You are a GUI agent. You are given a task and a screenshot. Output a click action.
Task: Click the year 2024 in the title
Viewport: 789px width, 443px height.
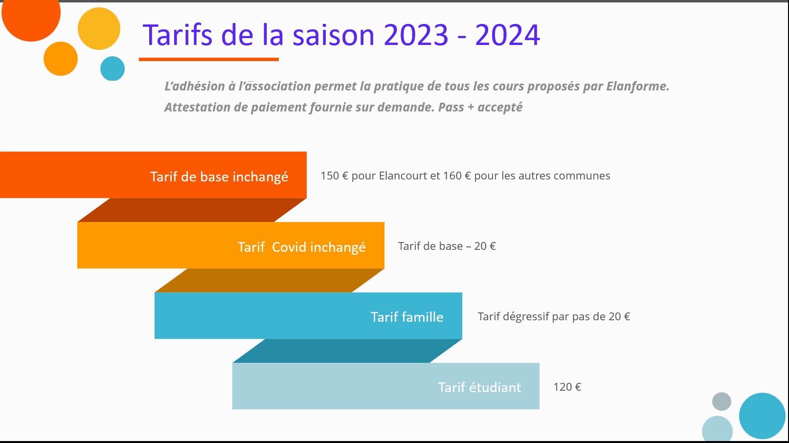coord(507,35)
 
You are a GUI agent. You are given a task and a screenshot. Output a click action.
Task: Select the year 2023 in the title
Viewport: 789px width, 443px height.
coord(416,35)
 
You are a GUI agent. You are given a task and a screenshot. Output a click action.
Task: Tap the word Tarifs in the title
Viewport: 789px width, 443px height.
coord(178,35)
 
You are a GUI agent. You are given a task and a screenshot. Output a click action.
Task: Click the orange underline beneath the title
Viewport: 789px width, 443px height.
coord(209,60)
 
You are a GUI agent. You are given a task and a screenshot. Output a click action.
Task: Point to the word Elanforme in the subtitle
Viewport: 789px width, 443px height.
coord(637,86)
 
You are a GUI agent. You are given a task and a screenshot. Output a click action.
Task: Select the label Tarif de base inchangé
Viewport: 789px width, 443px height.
coord(219,177)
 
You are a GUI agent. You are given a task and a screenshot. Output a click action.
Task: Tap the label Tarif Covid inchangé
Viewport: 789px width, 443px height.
coord(301,247)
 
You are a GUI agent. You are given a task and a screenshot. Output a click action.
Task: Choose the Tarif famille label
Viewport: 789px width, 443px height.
coord(407,317)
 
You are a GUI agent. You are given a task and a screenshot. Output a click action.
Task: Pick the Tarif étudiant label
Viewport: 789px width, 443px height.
coord(479,387)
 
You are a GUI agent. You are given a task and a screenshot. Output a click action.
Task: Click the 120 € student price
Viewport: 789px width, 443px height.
coord(567,387)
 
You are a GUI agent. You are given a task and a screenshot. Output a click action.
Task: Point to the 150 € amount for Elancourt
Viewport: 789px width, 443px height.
coord(334,176)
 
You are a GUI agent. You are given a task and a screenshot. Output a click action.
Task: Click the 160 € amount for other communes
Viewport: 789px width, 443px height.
coord(457,176)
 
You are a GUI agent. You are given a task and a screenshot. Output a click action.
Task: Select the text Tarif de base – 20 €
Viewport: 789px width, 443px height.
coord(447,246)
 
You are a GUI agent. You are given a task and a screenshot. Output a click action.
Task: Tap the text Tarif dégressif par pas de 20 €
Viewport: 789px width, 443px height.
coord(554,316)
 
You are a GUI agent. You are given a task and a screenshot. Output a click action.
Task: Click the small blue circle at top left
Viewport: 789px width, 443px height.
coord(113,68)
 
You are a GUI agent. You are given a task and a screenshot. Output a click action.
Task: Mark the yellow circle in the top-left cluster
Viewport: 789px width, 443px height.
coord(99,28)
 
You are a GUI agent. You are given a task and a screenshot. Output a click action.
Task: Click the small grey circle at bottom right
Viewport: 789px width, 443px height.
coord(721,401)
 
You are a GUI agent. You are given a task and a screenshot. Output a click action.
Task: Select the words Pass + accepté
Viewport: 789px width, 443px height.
coord(480,108)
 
